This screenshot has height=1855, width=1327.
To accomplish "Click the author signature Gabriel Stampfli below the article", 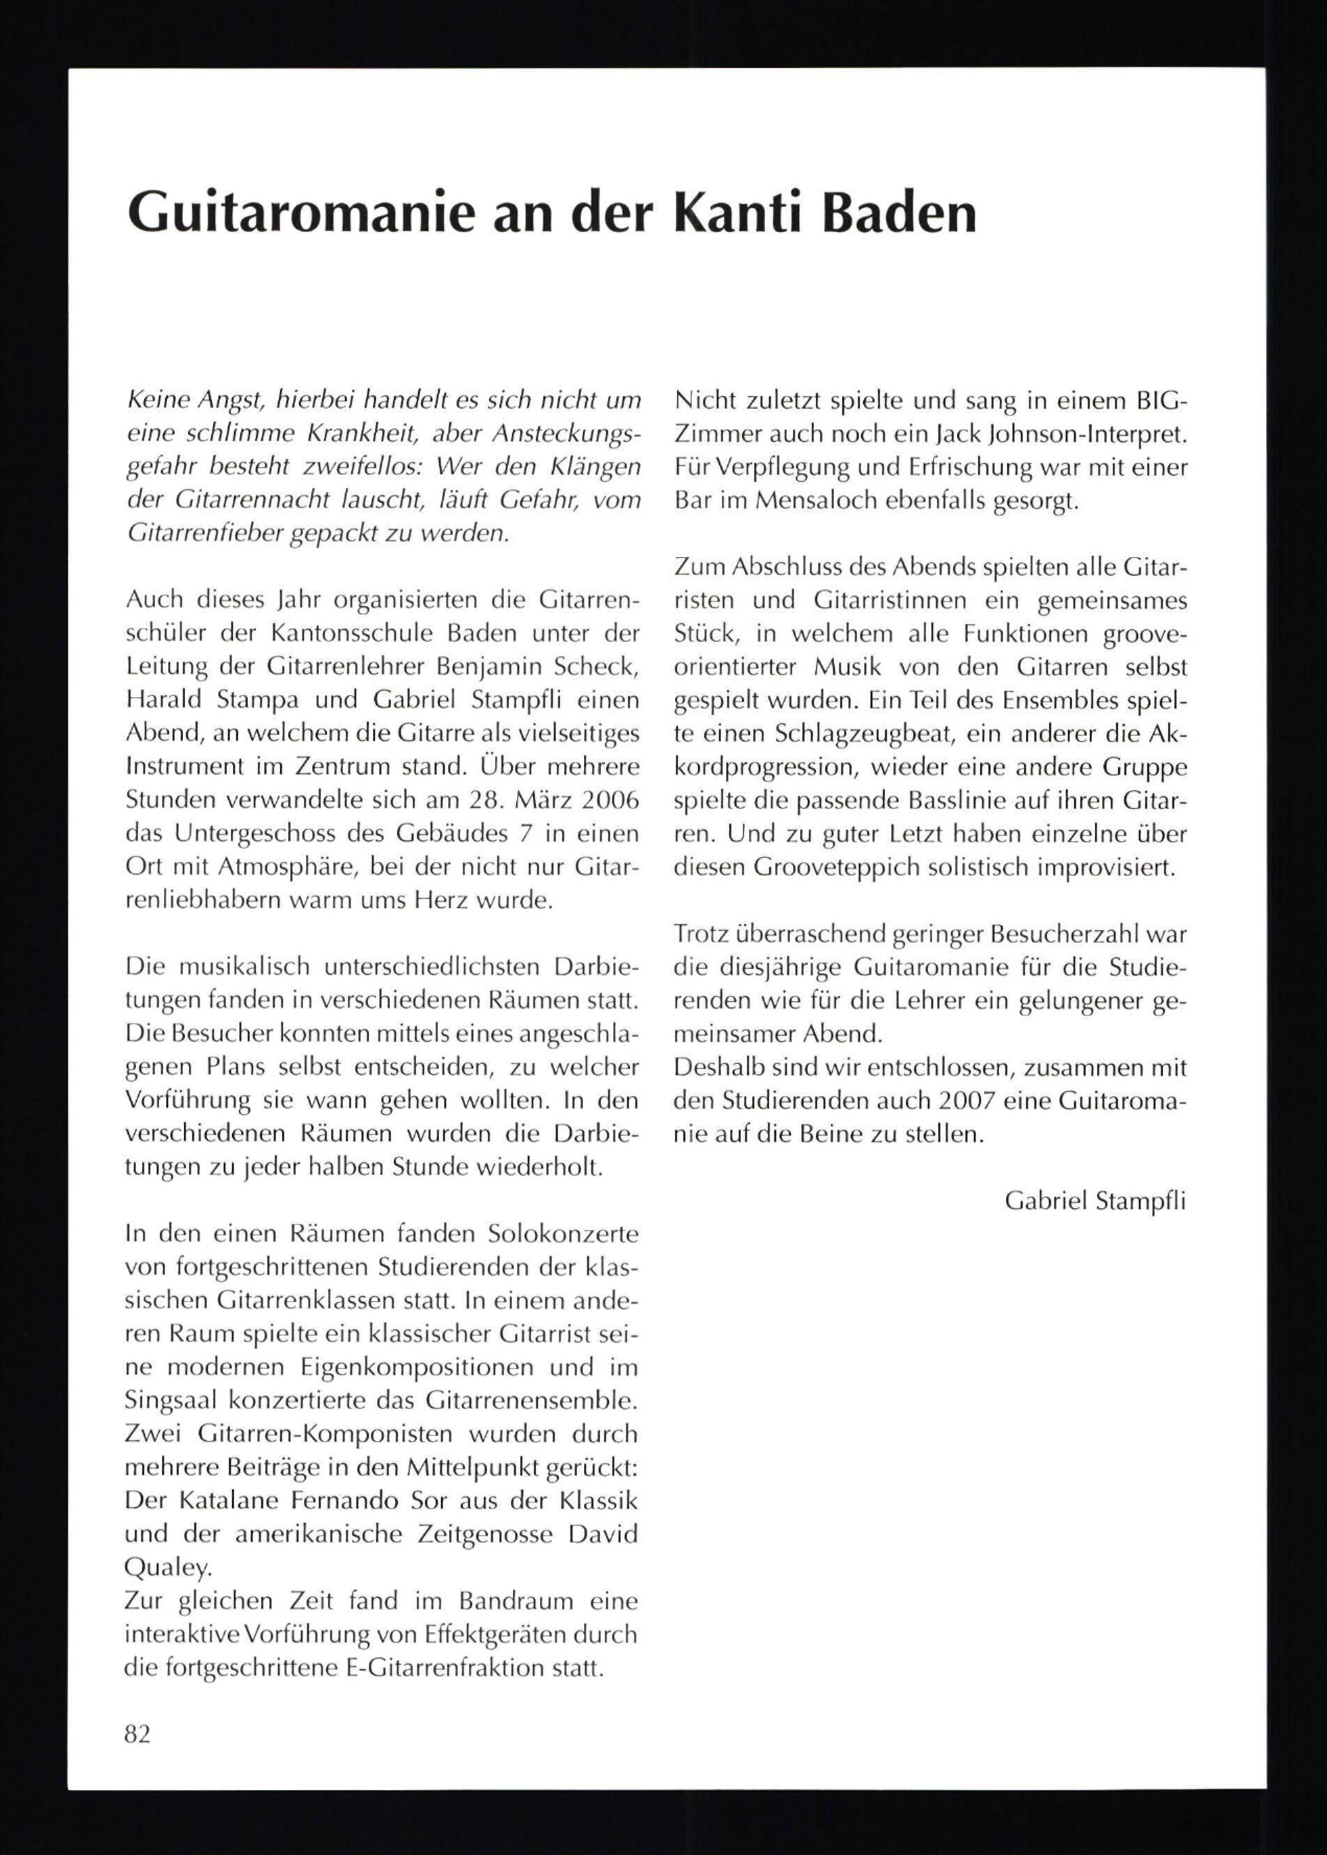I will pyautogui.click(x=1095, y=1201).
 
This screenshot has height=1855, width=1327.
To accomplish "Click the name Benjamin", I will pyautogui.click(x=484, y=667).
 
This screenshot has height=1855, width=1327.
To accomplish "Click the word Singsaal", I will pyautogui.click(x=169, y=1400).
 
